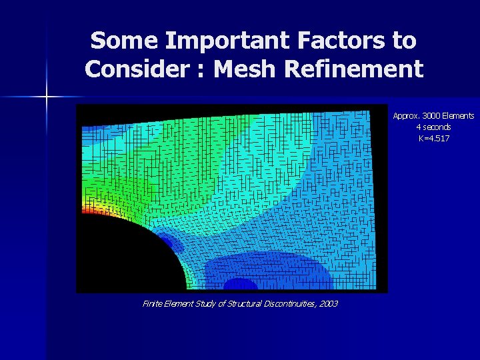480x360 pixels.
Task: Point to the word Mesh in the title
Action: coord(247,69)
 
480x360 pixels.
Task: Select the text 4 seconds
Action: coord(433,127)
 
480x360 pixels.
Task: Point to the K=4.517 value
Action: coord(433,138)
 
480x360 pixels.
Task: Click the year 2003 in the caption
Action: coord(327,304)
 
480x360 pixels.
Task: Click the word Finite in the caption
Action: coord(152,304)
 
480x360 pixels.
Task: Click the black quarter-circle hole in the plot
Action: coord(123,257)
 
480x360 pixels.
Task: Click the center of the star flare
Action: coord(47,98)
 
